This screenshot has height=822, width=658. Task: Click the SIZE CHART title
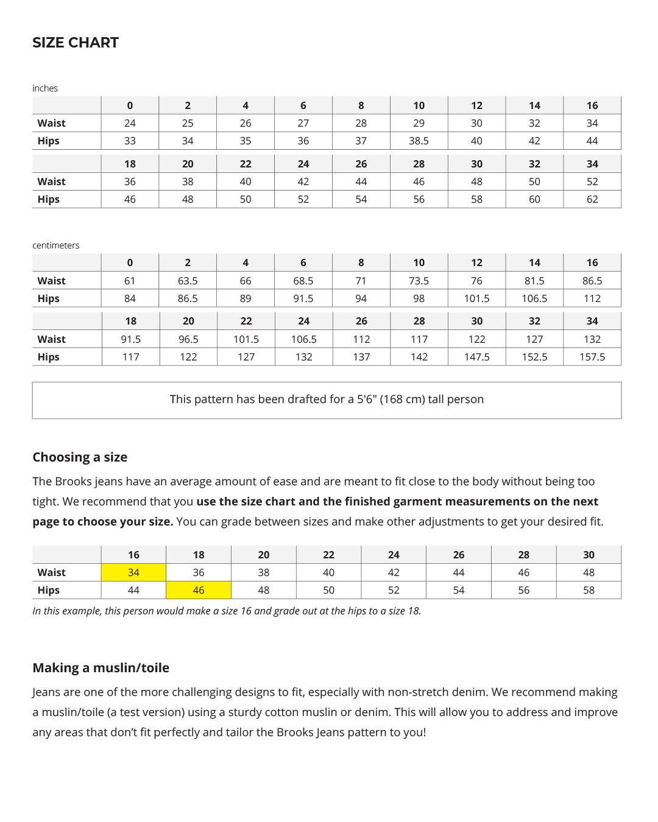click(x=76, y=43)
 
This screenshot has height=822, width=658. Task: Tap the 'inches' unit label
click(x=45, y=88)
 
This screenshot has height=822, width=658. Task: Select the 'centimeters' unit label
click(x=56, y=245)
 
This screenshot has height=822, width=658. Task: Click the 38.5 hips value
click(x=419, y=141)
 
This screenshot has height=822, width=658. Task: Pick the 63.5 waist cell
click(x=188, y=281)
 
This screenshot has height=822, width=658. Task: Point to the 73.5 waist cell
click(x=419, y=281)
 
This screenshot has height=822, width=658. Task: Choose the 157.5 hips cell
click(x=592, y=357)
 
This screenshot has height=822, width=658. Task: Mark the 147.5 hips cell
click(x=476, y=357)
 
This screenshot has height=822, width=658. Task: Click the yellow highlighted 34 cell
click(x=133, y=572)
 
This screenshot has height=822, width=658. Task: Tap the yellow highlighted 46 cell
click(x=199, y=590)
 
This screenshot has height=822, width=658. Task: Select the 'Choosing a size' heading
click(x=80, y=457)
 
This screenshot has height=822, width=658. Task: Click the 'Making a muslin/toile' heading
click(x=101, y=668)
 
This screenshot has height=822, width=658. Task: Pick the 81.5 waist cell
click(x=534, y=281)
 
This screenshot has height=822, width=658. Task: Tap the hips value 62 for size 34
click(x=592, y=199)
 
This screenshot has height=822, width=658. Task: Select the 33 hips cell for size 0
click(x=130, y=141)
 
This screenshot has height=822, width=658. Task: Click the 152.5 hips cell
click(x=534, y=357)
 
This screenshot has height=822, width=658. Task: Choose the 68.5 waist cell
click(x=303, y=281)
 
